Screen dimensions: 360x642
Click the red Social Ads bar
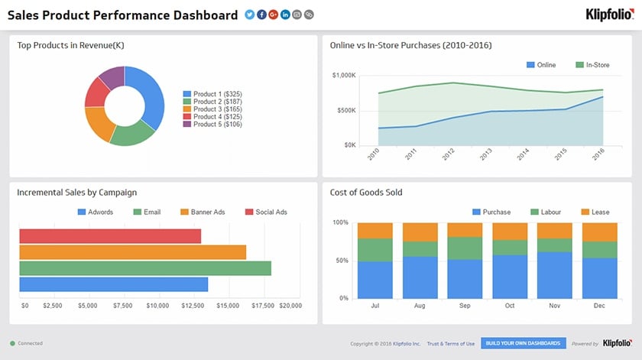[110, 236]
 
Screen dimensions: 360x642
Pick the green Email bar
[145, 268]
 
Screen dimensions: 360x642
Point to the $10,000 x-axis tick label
[157, 306]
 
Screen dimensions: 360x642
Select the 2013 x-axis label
[485, 154]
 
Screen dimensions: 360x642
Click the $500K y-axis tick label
[344, 110]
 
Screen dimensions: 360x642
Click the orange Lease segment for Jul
[375, 231]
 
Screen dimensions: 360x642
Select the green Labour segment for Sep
[465, 248]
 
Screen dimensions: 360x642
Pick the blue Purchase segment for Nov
[555, 275]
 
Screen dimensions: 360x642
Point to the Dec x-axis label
[600, 306]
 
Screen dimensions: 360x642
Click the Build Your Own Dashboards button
[524, 344]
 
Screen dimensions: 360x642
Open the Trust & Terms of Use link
[451, 344]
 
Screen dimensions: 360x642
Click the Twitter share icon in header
[249, 15]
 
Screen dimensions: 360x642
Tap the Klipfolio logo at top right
[608, 15]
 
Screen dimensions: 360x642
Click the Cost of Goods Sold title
[366, 193]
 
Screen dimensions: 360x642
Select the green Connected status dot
[12, 344]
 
